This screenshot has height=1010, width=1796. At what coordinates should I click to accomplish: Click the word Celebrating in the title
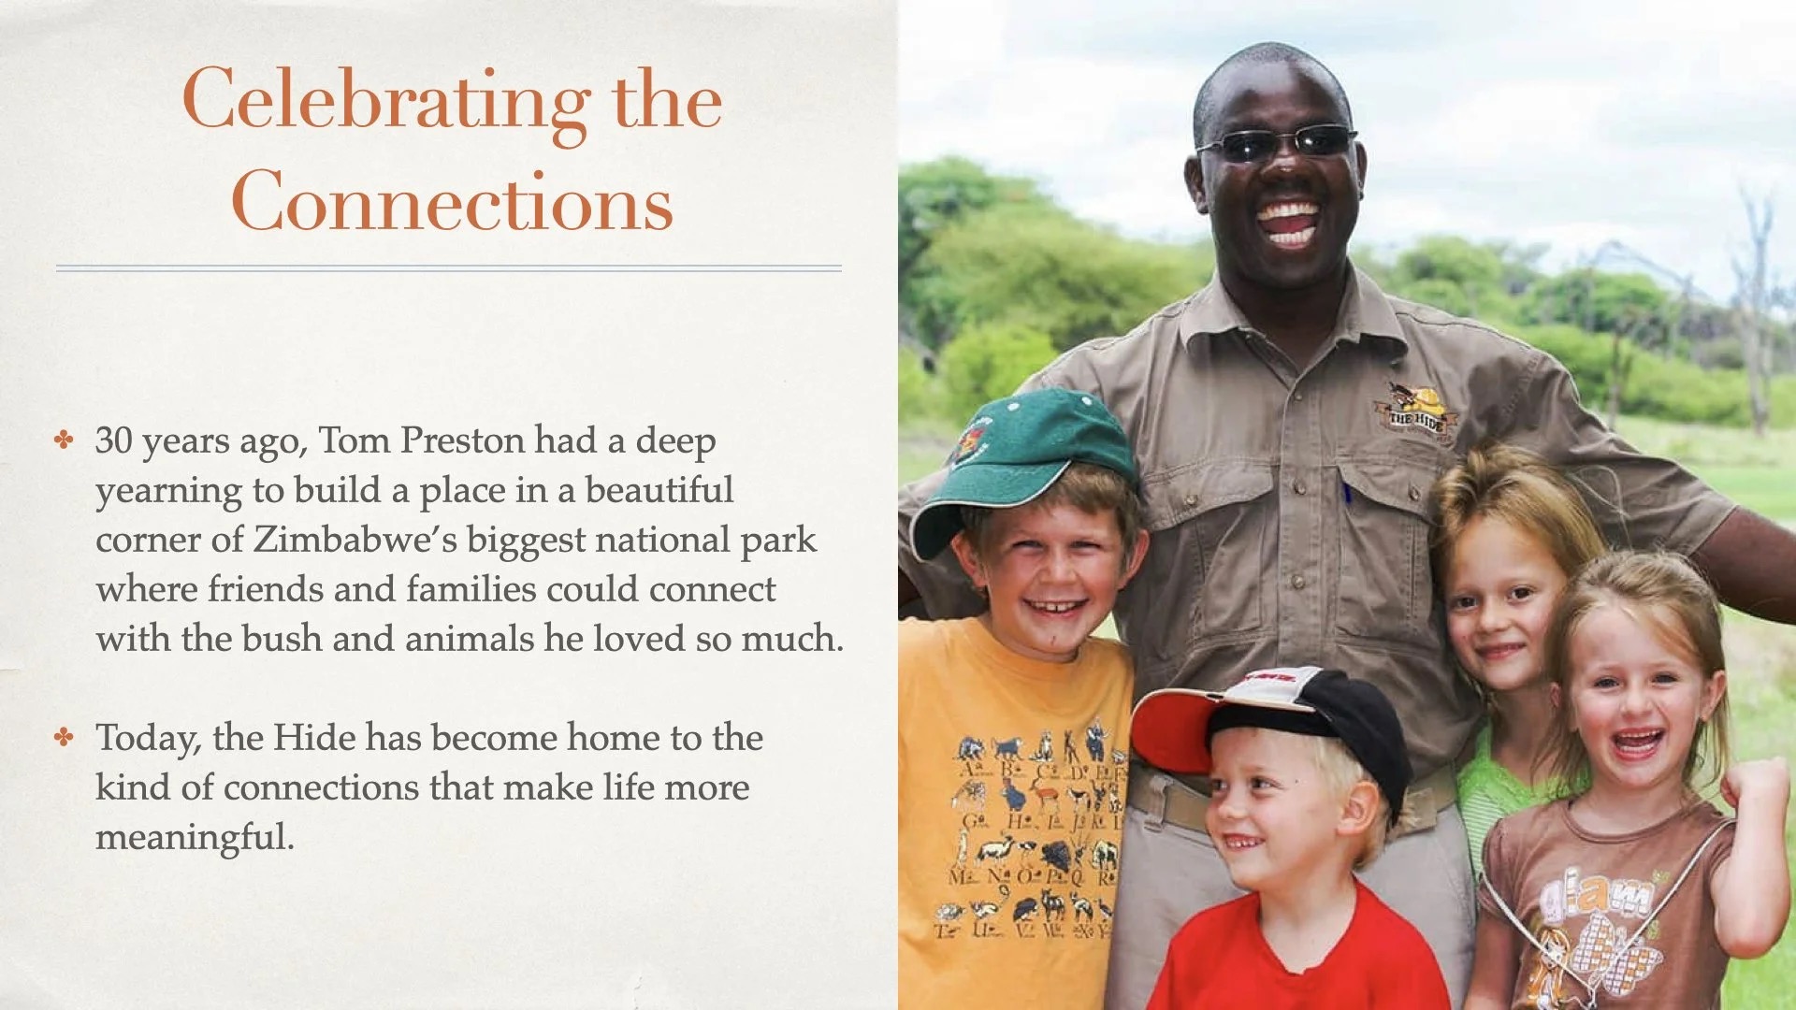[386, 102]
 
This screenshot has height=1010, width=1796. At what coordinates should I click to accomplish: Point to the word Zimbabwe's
[355, 540]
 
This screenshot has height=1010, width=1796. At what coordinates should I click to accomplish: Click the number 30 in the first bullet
[114, 440]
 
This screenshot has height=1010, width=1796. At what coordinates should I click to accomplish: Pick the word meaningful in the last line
[195, 837]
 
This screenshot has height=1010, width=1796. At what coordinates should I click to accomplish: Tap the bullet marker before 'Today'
[64, 738]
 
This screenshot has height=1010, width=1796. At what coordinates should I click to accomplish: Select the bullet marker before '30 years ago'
[64, 440]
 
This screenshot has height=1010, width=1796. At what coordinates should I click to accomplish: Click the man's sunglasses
[1276, 142]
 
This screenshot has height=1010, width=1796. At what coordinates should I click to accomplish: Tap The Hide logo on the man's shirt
[1416, 410]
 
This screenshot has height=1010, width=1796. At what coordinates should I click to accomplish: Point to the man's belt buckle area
[1169, 795]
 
